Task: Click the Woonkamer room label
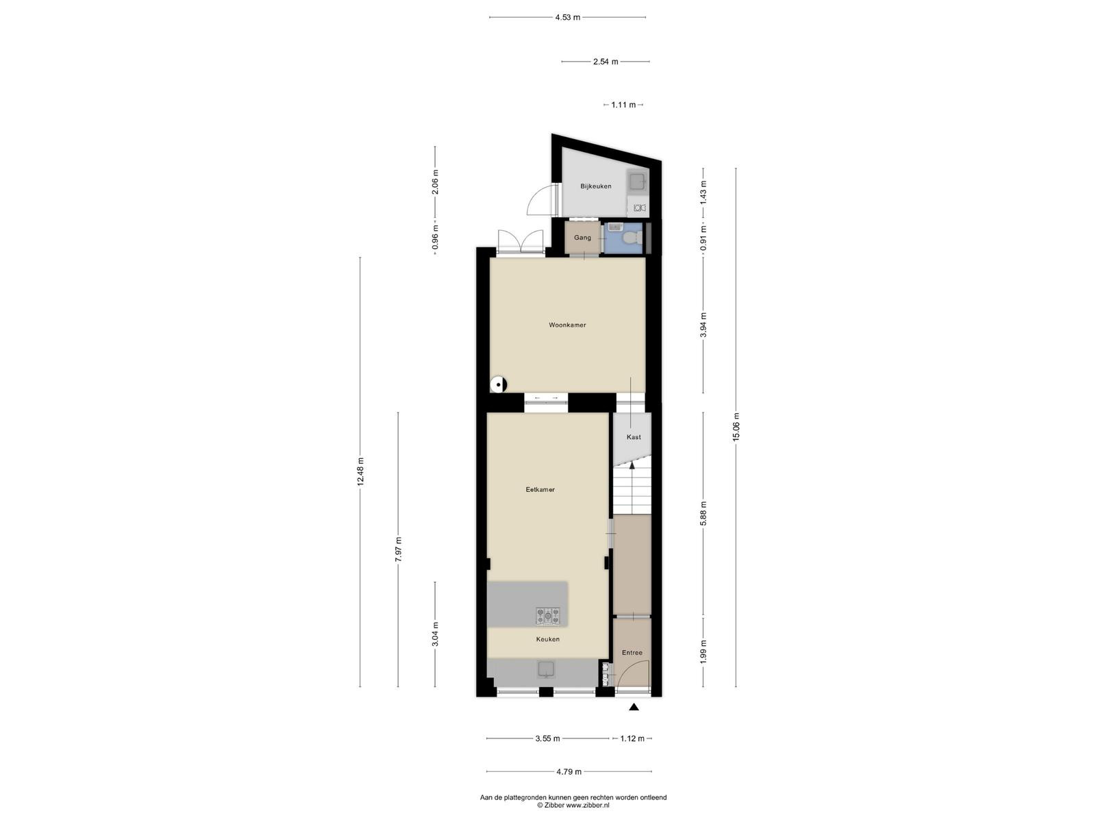(567, 325)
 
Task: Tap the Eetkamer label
(540, 490)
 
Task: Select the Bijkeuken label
(596, 186)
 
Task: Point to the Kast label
(634, 437)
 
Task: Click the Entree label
(632, 653)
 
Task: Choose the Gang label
(582, 238)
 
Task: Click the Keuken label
(548, 639)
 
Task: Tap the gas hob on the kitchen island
(548, 616)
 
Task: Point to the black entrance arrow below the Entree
(634, 706)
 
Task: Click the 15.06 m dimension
(736, 427)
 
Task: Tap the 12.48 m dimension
(360, 472)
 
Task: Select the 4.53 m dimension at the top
(568, 18)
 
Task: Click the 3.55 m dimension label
(548, 738)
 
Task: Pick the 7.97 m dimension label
(398, 549)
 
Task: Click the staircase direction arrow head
(632, 466)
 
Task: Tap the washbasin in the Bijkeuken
(638, 182)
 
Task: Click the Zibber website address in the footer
(587, 805)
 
